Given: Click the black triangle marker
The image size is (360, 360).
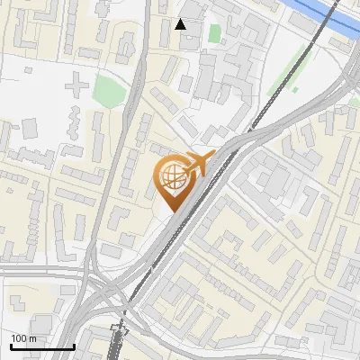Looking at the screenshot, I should (x=181, y=23).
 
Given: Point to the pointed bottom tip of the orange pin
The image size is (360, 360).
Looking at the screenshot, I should (x=172, y=212).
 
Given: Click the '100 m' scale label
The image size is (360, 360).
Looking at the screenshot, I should (x=23, y=337).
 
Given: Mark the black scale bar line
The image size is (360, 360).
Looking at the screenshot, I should (x=41, y=346).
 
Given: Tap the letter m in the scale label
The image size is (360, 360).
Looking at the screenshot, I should (x=32, y=337).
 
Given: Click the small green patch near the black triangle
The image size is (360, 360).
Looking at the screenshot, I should (x=214, y=33).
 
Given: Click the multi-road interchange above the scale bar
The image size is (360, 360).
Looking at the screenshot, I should (x=108, y=297).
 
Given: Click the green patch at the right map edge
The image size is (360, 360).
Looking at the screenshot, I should (x=354, y=102).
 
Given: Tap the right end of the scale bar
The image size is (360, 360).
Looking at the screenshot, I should (x=73, y=346).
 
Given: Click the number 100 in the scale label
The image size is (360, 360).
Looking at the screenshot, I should (x=19, y=337).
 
